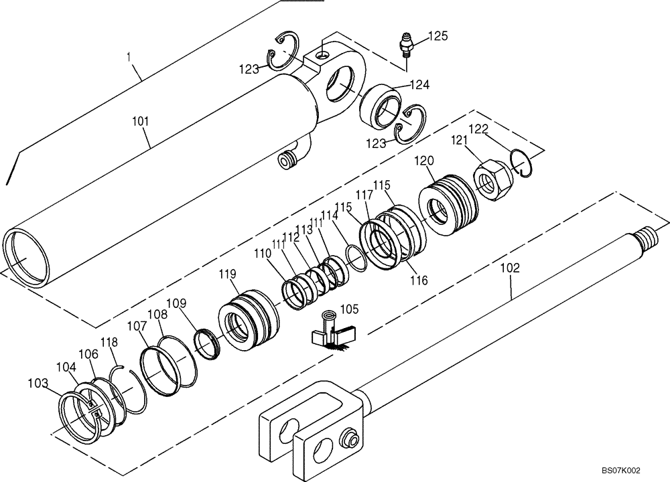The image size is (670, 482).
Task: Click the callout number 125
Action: [x=438, y=35]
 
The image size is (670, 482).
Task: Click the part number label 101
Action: [x=141, y=122]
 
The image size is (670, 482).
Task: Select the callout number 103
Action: [x=38, y=383]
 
